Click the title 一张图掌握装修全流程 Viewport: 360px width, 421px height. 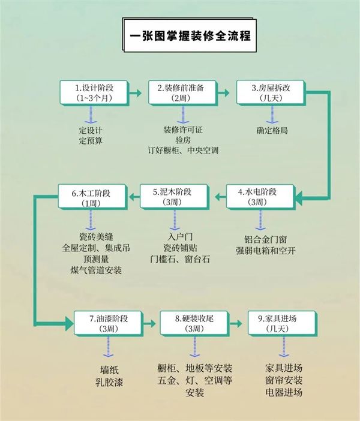pyautogui.click(x=190, y=35)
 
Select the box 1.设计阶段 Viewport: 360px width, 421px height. pyautogui.click(x=94, y=92)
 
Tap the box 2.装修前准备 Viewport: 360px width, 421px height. pyautogui.click(x=182, y=92)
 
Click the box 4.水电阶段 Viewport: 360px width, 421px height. pyautogui.click(x=260, y=197)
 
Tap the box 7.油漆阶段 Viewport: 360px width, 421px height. pyautogui.click(x=109, y=323)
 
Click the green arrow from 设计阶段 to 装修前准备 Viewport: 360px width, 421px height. pyautogui.click(x=136, y=93)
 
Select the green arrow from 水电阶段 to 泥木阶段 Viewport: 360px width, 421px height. pyautogui.click(x=221, y=197)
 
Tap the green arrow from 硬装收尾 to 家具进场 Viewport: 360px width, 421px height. pyautogui.click(x=236, y=323)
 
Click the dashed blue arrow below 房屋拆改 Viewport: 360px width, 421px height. pyautogui.click(x=272, y=115)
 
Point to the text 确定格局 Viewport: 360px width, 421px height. pyautogui.click(x=272, y=130)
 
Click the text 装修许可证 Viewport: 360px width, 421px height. pyautogui.click(x=183, y=130)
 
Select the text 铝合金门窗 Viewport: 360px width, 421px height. pyautogui.click(x=265, y=239)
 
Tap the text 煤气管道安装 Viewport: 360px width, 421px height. pyautogui.click(x=96, y=270)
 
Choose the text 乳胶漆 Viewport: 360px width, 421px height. pyautogui.click(x=109, y=382)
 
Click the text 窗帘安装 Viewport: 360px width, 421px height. pyautogui.click(x=284, y=380)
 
